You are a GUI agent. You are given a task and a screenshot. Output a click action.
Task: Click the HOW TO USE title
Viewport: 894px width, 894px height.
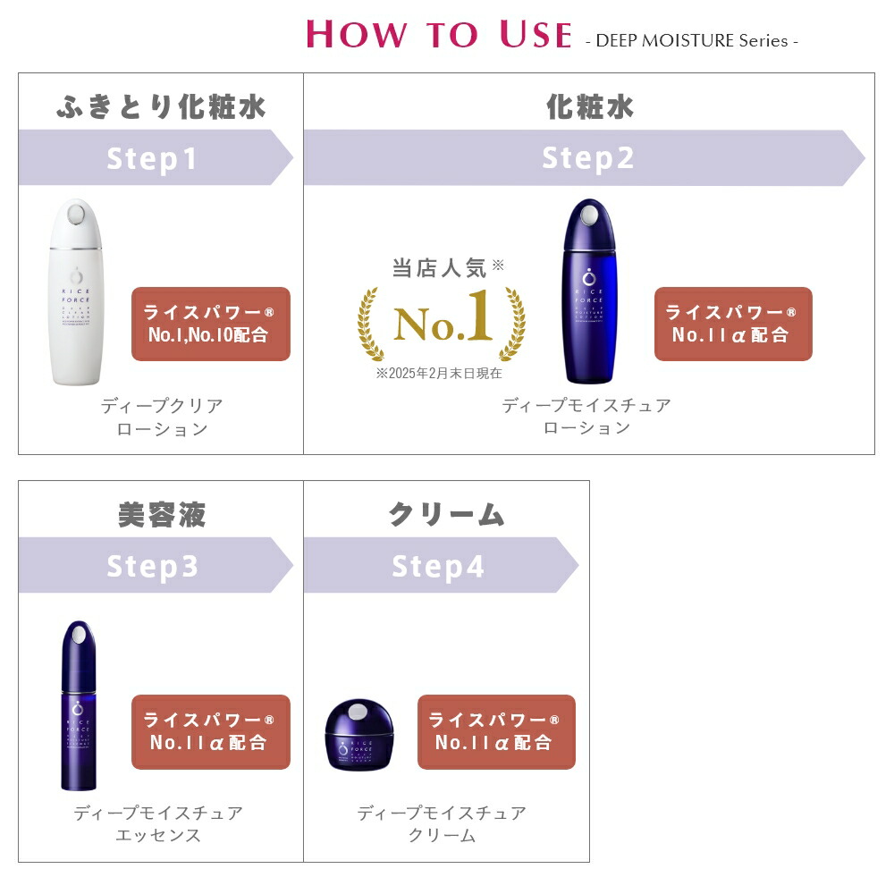pos(438,34)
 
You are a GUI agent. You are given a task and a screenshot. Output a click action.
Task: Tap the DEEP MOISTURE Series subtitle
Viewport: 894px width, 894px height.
pos(691,40)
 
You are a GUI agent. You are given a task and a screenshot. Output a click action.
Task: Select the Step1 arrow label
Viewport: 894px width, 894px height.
pos(152,158)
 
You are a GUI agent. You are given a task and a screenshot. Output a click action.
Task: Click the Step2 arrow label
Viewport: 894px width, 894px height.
pos(587,158)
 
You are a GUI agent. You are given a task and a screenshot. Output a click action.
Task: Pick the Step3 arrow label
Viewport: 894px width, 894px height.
pos(152,566)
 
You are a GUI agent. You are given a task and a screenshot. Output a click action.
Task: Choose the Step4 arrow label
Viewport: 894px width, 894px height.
pos(438,566)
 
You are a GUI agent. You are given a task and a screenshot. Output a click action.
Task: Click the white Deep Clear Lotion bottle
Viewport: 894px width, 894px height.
pos(76,292)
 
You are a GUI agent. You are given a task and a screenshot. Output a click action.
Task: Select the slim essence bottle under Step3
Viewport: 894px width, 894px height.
pos(78,705)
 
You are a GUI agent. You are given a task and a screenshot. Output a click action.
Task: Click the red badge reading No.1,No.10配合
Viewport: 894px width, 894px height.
pos(210,324)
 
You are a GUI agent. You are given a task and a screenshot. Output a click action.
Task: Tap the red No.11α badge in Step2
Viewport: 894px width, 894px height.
pos(732,324)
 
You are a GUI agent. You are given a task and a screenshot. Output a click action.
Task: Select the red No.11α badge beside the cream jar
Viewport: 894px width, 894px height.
pos(495,731)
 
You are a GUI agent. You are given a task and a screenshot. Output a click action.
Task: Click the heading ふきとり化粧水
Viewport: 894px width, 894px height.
pos(161,107)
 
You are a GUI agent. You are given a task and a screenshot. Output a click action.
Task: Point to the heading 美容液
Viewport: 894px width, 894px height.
pos(161,515)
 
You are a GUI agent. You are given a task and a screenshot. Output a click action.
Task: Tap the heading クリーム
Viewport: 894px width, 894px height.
pos(446,515)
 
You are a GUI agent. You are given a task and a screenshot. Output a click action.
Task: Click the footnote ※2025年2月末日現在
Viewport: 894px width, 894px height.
pos(439,373)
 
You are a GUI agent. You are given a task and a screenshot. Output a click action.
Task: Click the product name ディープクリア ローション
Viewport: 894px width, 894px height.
pos(162,417)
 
